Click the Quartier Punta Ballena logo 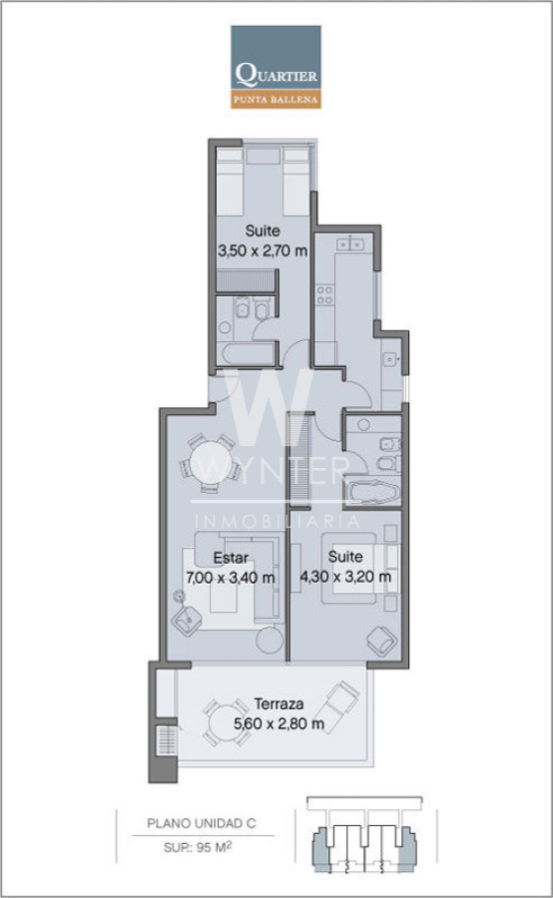(276, 67)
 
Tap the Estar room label (231, 557)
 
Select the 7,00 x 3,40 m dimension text (231, 578)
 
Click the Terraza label (278, 703)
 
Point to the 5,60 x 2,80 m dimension (279, 723)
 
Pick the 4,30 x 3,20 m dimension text (345, 576)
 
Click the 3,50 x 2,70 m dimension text (263, 250)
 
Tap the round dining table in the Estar (211, 463)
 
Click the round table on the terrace (227, 722)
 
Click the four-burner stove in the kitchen (325, 295)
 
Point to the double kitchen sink (349, 244)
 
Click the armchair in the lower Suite (381, 641)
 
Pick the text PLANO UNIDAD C (202, 823)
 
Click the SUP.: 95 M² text (198, 847)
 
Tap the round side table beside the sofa (270, 640)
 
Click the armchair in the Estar (188, 620)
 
